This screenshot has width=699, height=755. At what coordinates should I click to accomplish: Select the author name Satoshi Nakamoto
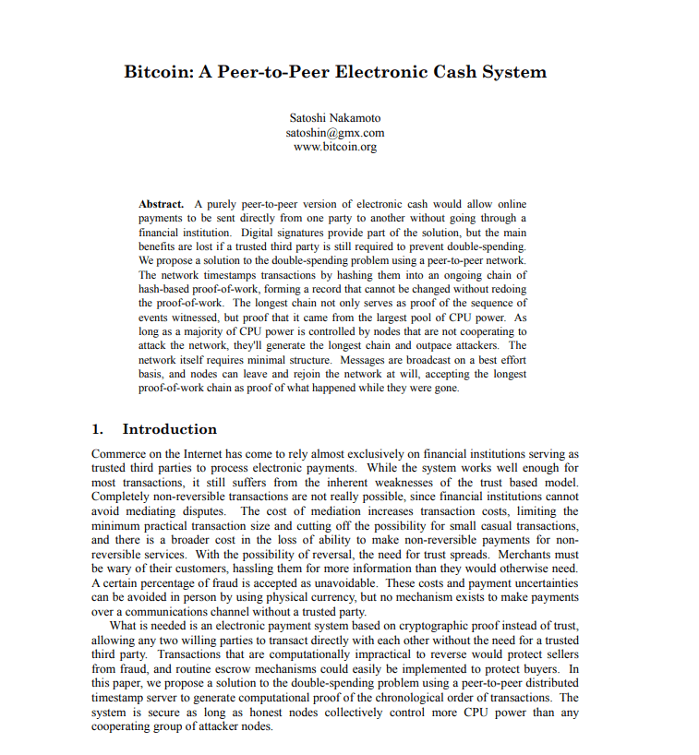tap(334, 118)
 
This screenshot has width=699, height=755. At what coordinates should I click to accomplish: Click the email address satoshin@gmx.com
tap(334, 132)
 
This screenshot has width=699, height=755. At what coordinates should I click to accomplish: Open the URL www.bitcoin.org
tap(334, 146)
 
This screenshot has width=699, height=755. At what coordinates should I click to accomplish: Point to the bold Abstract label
tap(161, 203)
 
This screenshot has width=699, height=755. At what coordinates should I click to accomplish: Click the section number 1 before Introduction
tap(97, 429)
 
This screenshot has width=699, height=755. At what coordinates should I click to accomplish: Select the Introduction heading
tap(170, 429)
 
